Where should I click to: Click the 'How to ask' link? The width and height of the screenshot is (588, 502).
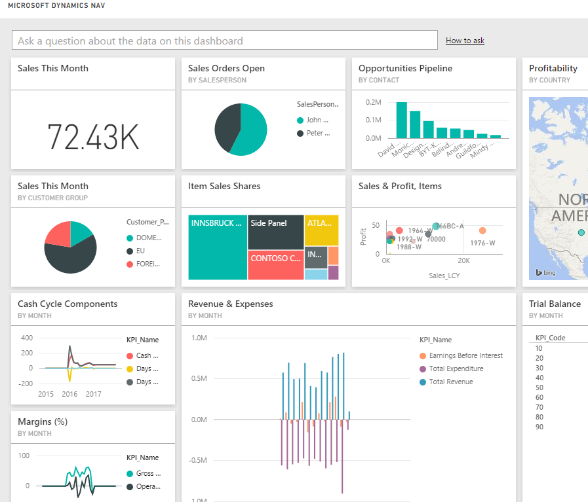[x=465, y=41]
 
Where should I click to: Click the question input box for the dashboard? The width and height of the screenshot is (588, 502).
[x=224, y=41]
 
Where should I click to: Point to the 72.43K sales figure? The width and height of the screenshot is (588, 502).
[x=93, y=137]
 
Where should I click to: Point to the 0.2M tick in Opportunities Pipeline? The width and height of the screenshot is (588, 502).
[x=374, y=103]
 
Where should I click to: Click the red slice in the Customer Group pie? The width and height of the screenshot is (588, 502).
[x=58, y=234]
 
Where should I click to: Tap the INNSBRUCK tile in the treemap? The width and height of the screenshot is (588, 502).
[x=218, y=247]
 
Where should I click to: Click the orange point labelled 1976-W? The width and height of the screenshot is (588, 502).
[x=482, y=231]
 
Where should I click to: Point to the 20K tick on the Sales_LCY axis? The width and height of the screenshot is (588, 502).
[x=463, y=260]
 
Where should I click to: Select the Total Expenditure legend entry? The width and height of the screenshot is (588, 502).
[x=456, y=368]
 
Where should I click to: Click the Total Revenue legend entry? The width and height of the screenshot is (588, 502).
[x=450, y=382]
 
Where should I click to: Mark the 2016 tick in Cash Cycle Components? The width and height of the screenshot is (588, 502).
[x=69, y=394]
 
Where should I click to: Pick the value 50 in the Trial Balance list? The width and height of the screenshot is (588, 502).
[x=539, y=387]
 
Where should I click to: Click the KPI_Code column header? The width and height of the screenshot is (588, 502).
[x=551, y=338]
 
